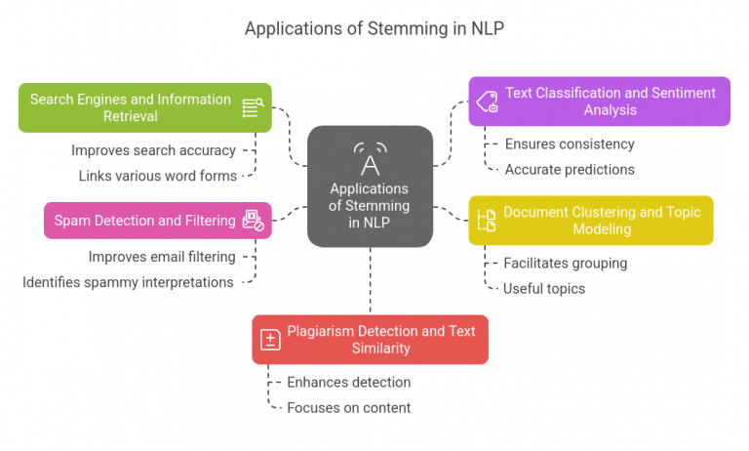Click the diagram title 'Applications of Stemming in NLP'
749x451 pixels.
(x=374, y=28)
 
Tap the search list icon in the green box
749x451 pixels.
(x=253, y=108)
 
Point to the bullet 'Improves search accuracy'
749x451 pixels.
(x=153, y=150)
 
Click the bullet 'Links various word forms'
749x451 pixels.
(x=157, y=176)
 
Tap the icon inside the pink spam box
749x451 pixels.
(x=254, y=221)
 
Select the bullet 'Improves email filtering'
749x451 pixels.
(x=162, y=257)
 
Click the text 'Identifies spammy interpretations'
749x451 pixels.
(x=128, y=282)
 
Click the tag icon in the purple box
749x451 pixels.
(x=486, y=102)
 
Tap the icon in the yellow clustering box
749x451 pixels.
(x=486, y=221)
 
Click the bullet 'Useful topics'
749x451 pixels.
(x=543, y=288)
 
